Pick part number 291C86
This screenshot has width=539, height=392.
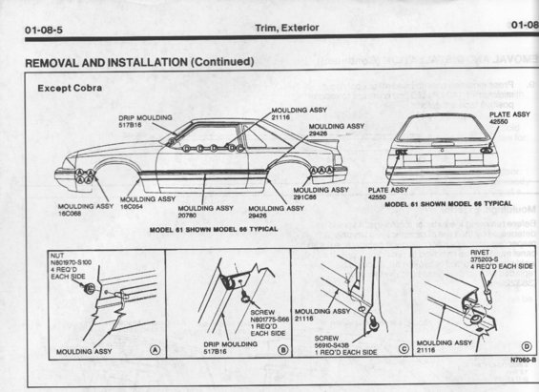[x=310, y=197]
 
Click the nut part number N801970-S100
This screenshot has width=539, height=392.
[x=72, y=261]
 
